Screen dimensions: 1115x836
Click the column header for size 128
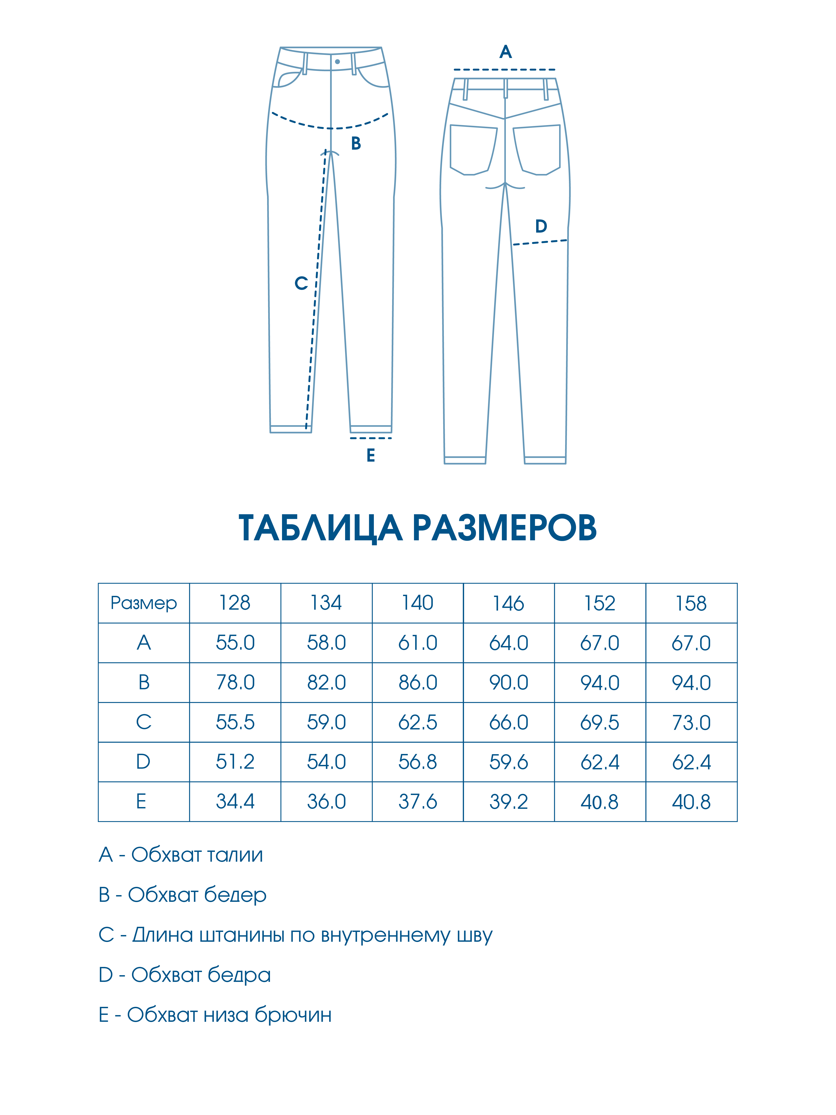point(235,603)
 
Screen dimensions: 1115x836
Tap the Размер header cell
point(144,603)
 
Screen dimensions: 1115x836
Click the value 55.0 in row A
point(235,643)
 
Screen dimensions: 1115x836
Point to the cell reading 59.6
point(509,762)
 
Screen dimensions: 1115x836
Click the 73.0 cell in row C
point(691,722)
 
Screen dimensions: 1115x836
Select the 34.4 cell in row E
point(235,801)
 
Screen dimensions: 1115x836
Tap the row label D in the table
point(144,762)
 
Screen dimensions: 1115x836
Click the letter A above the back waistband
point(505,52)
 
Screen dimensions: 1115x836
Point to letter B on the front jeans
point(356,144)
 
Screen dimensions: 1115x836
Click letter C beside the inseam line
point(301,283)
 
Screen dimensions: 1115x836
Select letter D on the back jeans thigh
point(541,226)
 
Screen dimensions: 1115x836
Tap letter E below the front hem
point(371,455)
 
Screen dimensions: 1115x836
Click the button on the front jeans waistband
point(337,62)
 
